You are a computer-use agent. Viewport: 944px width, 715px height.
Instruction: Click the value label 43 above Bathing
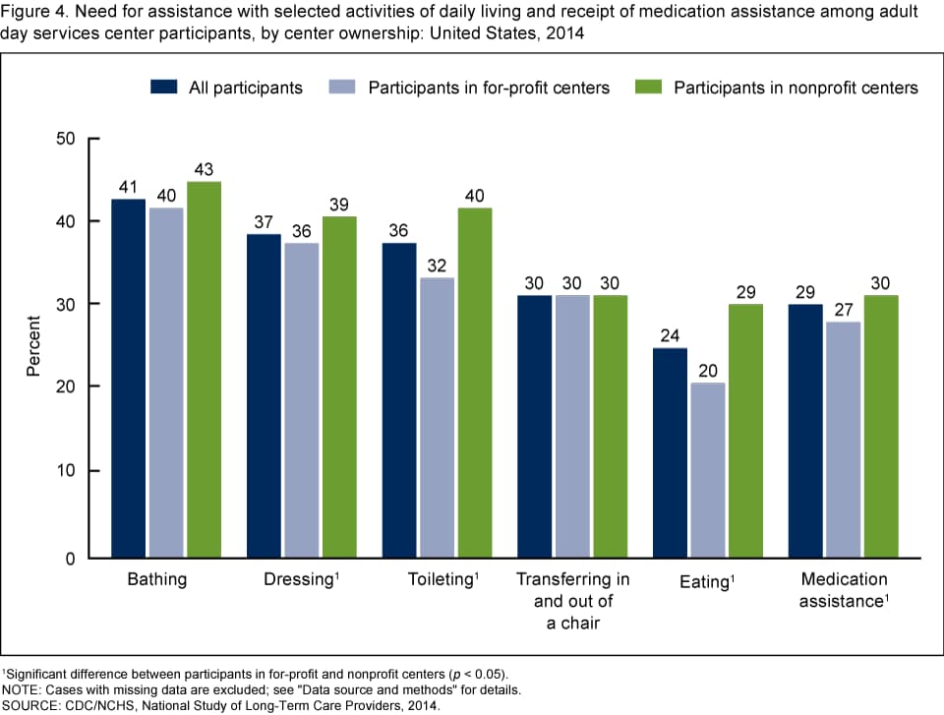203,169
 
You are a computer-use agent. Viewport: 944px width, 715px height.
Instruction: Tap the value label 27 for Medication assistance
843,310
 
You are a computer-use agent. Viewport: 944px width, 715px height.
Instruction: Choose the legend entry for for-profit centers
489,88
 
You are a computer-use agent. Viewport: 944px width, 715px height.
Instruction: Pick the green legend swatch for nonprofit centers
650,88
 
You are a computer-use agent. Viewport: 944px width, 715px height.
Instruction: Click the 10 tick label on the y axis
65,471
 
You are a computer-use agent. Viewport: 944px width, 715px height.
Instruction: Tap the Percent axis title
32,347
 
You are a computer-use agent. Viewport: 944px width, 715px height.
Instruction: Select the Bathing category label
157,580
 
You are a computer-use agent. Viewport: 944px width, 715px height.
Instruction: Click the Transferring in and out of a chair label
572,599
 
